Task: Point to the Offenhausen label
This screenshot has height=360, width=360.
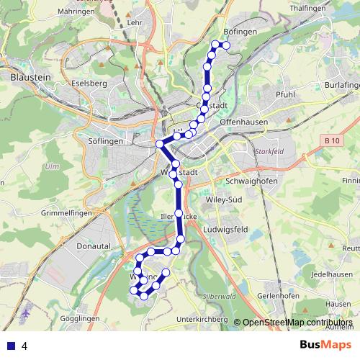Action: pos(243,122)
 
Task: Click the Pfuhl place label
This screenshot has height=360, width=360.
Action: pos(285,94)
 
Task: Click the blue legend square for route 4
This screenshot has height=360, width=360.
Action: pos(11,346)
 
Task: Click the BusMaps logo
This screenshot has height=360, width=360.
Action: pos(325,345)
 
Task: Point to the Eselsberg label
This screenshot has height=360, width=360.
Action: pos(89,83)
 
